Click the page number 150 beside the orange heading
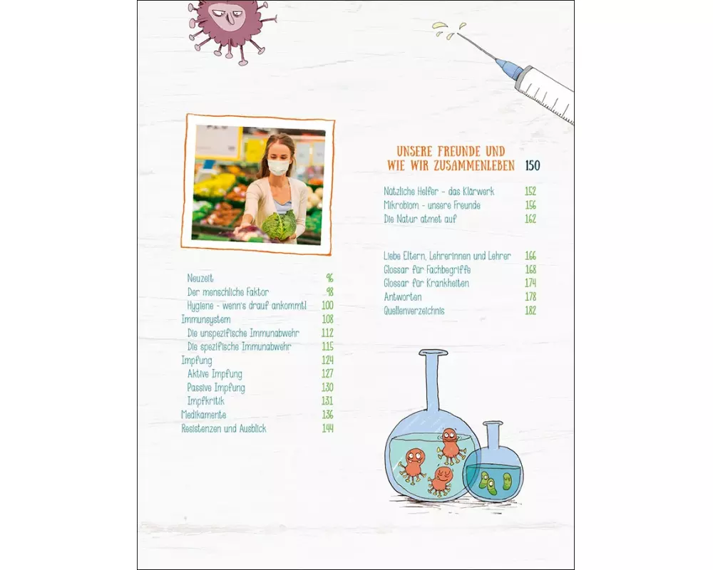pos(533,165)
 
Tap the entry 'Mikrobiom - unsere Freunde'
pos(432,205)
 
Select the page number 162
pos(530,219)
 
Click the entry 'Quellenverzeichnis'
pos(414,311)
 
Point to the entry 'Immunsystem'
pos(206,320)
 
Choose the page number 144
pos(327,428)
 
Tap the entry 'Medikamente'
pos(204,415)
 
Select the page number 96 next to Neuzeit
pos(329,278)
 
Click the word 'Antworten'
pos(402,297)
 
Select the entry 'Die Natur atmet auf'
pos(420,219)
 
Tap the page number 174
pos(530,283)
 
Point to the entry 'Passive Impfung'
pos(216,388)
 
